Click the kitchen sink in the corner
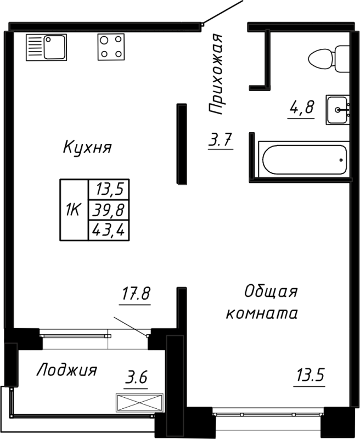click(46, 47)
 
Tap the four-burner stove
click(110, 47)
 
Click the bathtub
click(303, 160)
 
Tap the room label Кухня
click(87, 148)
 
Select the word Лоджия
click(66, 370)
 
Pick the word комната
click(262, 314)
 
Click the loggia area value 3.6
click(137, 378)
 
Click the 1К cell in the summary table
click(74, 210)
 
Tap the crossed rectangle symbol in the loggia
click(139, 402)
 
